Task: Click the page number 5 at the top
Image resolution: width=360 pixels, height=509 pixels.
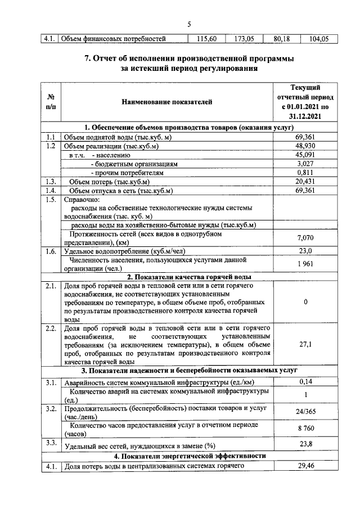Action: click(189, 23)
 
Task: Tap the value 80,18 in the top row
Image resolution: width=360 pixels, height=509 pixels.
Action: click(281, 39)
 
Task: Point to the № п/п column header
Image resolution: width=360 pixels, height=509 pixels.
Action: click(51, 102)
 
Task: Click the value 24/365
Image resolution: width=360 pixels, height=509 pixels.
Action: click(305, 411)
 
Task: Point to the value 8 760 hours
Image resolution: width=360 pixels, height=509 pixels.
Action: click(305, 429)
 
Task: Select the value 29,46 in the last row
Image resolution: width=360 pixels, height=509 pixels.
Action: click(305, 466)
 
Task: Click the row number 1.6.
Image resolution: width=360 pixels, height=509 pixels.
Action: click(51, 251)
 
